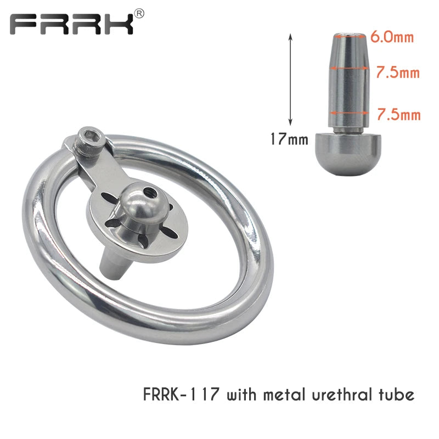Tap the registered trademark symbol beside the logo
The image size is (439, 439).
coord(139,13)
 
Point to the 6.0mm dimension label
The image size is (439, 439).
coord(392,37)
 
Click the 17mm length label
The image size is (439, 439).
coord(289,139)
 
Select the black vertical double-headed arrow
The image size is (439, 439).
coord(291,80)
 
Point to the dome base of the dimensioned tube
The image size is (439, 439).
coord(348,154)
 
